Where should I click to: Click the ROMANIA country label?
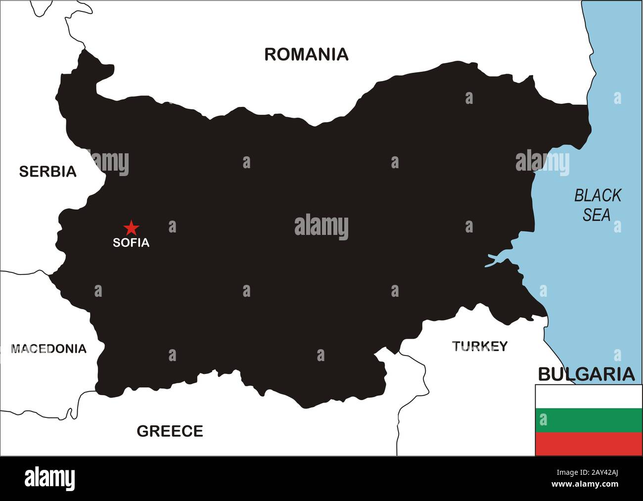[306, 54]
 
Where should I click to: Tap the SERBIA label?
[47, 171]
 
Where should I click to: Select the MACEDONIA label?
[48, 349]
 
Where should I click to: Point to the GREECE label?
[170, 431]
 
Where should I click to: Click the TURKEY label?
[480, 346]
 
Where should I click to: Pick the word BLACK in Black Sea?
[597, 196]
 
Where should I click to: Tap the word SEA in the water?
[596, 215]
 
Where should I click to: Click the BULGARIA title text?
[586, 374]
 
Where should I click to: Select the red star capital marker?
[131, 228]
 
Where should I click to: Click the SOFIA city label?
[131, 243]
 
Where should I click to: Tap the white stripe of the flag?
[589, 396]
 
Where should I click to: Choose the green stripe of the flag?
[589, 420]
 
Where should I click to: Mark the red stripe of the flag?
[589, 444]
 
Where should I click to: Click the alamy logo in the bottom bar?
[49, 479]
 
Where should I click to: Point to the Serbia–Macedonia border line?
[25, 272]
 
